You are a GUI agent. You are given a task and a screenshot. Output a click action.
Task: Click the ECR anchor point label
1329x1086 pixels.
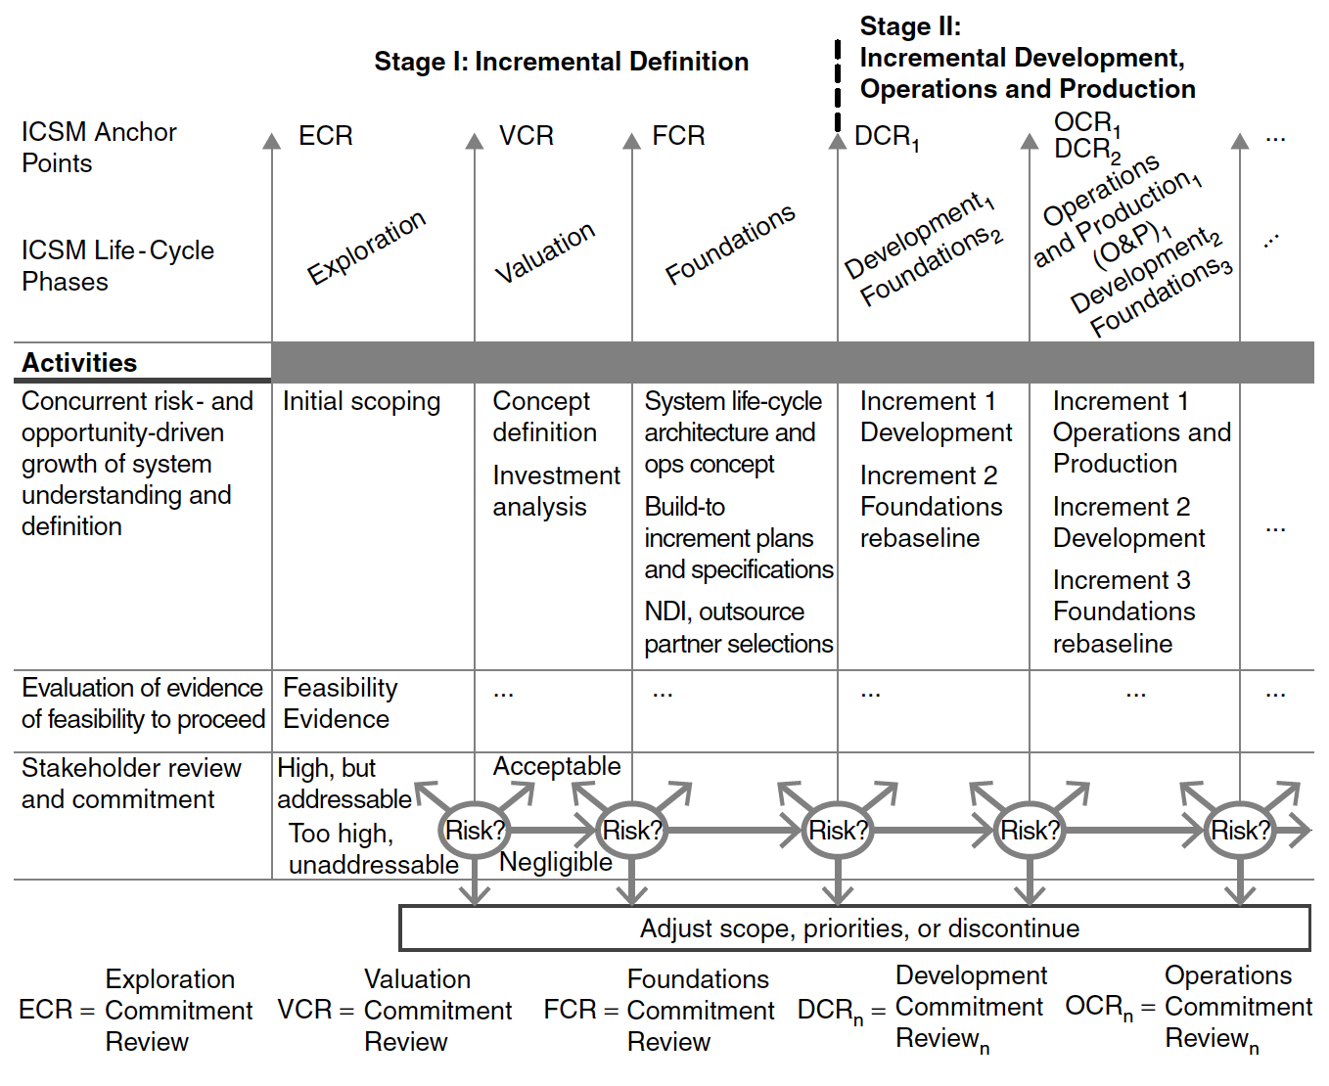click(325, 135)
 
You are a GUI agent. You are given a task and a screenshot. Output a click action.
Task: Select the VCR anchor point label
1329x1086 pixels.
click(527, 135)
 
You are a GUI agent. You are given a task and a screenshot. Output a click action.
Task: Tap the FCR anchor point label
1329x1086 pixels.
click(678, 135)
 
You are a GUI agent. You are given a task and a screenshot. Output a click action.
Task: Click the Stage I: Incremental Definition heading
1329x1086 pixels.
click(562, 62)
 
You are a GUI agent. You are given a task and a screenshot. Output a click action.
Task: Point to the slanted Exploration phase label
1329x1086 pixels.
click(366, 247)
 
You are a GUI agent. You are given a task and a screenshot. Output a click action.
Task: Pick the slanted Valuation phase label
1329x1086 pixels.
click(545, 252)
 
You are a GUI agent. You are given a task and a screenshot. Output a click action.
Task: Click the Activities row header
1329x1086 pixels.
click(79, 363)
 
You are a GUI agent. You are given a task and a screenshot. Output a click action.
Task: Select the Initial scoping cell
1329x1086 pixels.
click(361, 402)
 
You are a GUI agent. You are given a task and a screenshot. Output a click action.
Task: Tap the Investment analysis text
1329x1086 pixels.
click(556, 491)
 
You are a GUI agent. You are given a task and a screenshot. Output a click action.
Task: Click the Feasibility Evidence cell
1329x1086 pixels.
click(341, 703)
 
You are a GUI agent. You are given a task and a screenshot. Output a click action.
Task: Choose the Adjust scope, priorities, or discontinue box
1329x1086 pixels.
click(854, 928)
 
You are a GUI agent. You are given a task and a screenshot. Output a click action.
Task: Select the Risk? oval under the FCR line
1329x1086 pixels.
click(632, 831)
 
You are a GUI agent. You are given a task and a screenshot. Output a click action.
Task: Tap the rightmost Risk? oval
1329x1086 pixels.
click(1240, 831)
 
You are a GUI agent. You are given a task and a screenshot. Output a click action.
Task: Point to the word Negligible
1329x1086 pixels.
click(555, 862)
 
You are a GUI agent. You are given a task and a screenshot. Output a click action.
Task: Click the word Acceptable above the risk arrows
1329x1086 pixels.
click(557, 767)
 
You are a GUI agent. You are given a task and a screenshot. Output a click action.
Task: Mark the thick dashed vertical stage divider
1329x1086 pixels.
click(838, 86)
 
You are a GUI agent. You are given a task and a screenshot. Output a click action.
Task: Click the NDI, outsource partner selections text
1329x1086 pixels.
click(739, 627)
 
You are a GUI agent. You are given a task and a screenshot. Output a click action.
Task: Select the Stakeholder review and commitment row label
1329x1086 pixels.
click(131, 784)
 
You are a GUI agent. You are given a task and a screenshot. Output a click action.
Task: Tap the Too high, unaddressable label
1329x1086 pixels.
click(373, 849)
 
